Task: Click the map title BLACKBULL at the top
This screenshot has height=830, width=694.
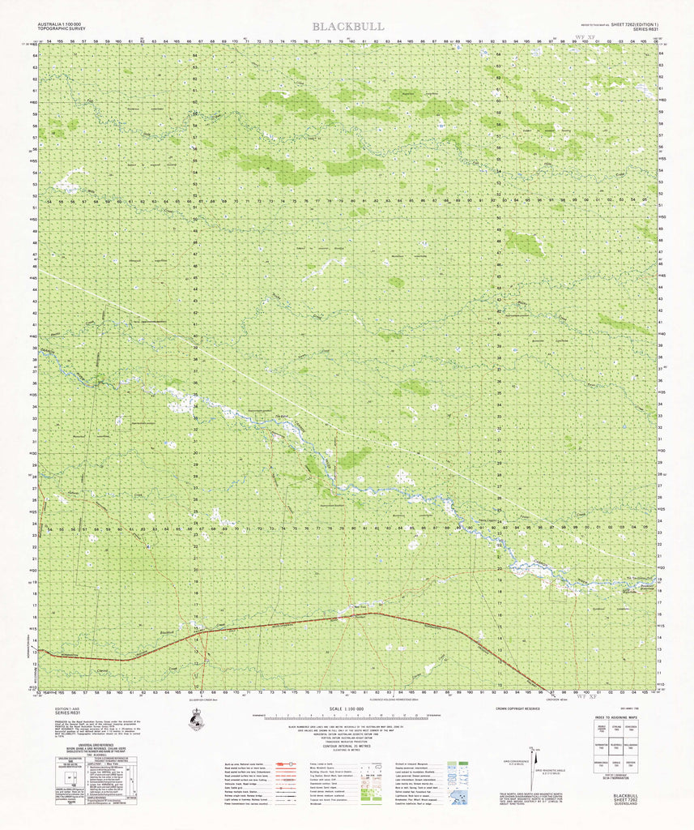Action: point(348,27)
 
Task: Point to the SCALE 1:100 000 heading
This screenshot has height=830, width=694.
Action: point(347,709)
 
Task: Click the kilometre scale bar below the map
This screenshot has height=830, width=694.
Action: point(347,717)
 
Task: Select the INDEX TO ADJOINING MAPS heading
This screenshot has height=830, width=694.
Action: point(624,717)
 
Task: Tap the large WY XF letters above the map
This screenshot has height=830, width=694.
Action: point(585,37)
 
